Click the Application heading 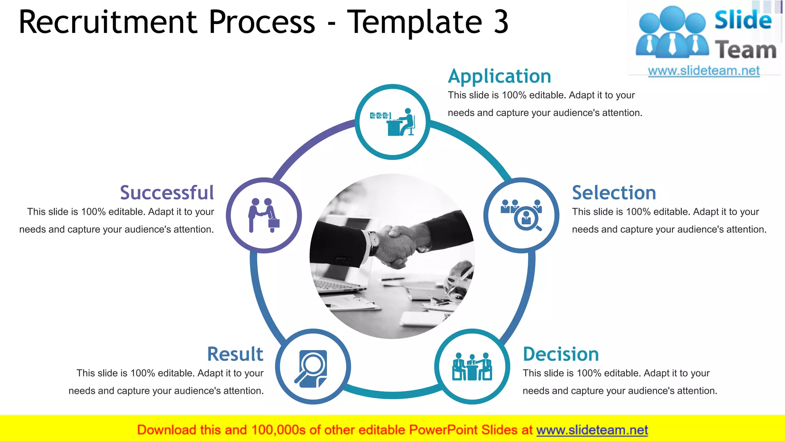499,76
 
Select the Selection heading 614,193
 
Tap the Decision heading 561,354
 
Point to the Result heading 235,354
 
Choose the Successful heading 167,193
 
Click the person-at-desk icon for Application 392,122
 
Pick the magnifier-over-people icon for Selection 521,215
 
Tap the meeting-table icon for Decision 472,367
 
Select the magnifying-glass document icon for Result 313,367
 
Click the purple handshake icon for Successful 264,215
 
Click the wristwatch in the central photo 374,240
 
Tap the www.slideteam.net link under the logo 704,71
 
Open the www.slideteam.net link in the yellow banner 592,430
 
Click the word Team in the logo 746,50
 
